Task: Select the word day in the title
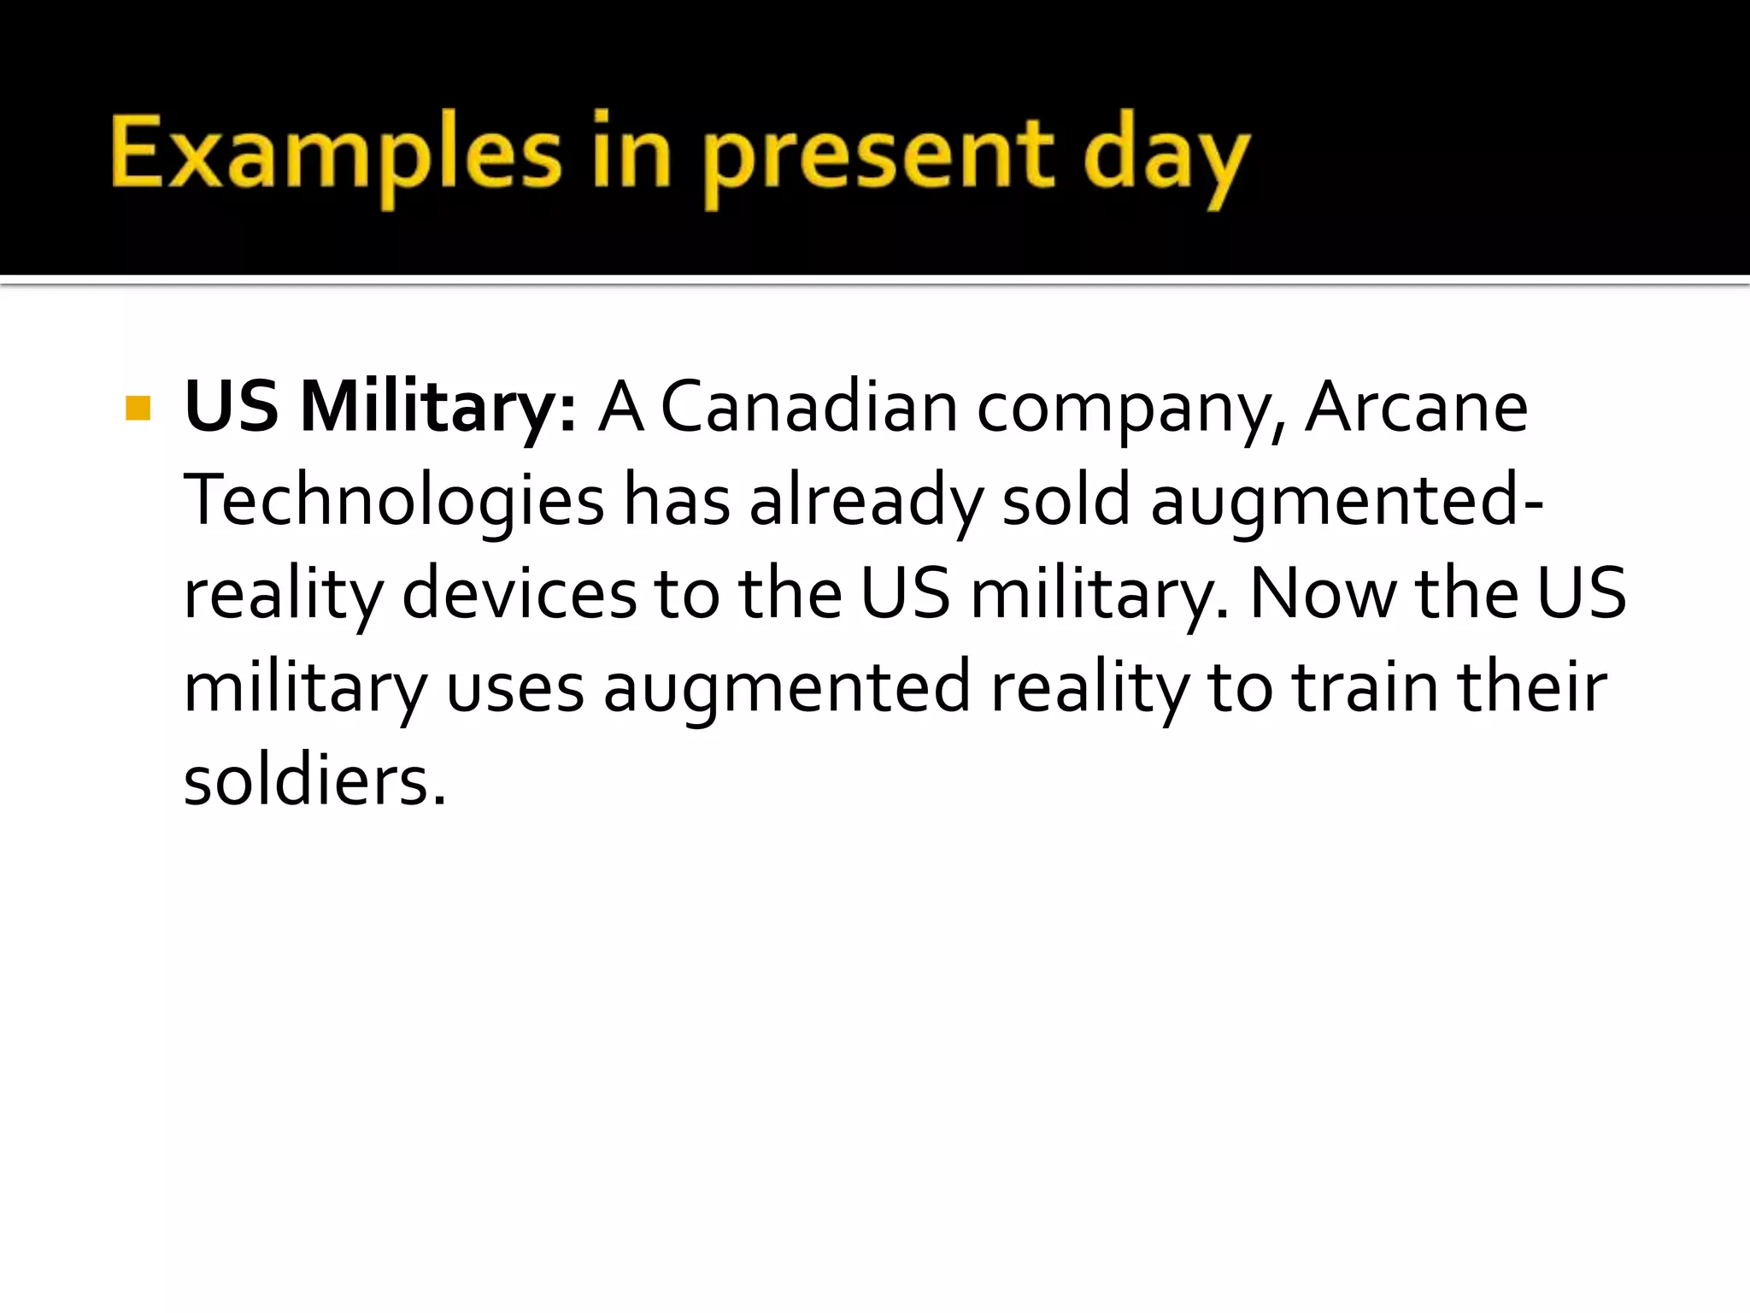pos(1166,158)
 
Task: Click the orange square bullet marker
pos(138,408)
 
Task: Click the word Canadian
pos(809,408)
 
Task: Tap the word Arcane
pos(1416,408)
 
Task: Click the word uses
pos(514,689)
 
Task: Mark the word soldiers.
pos(314,781)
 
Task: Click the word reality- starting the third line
pos(282,597)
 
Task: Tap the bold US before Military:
pos(232,408)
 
